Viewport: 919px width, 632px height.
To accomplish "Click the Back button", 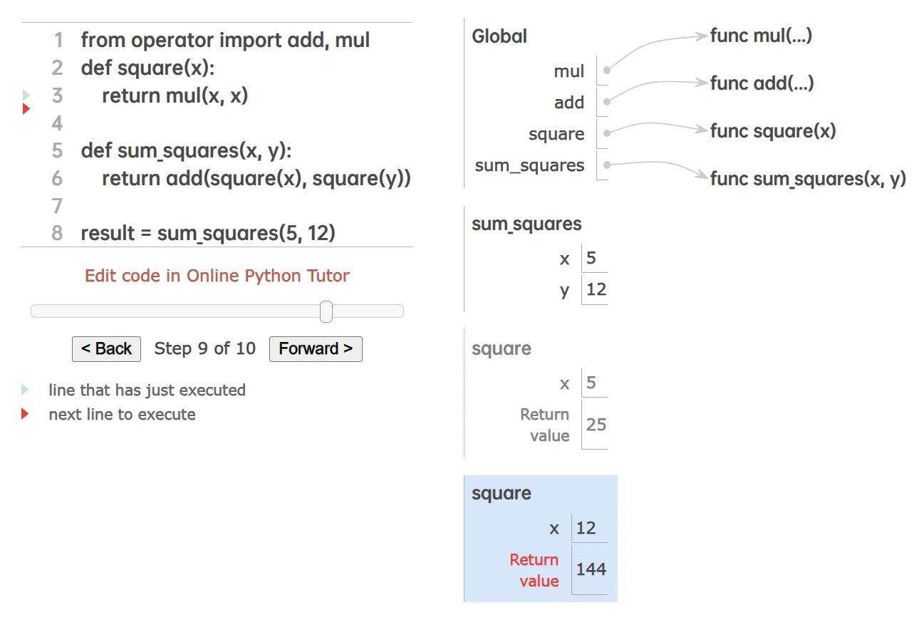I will [x=106, y=348].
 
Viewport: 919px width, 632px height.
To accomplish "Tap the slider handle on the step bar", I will [x=326, y=311].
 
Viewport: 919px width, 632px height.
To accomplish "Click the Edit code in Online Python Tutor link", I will [x=217, y=276].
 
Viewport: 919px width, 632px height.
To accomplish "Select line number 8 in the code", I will [x=57, y=233].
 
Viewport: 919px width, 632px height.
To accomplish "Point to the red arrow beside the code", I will [x=26, y=109].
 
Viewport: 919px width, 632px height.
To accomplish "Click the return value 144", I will [x=591, y=569].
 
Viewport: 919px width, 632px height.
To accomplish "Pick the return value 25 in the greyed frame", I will [x=596, y=425].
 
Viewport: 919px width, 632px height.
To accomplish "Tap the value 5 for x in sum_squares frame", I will [x=591, y=258].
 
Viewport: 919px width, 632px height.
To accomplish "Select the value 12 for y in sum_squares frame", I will [x=596, y=289].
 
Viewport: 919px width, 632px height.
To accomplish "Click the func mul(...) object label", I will [x=761, y=36].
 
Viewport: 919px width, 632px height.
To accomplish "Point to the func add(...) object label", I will [x=762, y=83].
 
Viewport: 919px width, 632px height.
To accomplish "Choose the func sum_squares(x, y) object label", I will [x=808, y=179].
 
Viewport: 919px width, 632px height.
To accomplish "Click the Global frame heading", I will [x=499, y=36].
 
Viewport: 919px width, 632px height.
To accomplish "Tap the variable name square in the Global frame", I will [x=556, y=134].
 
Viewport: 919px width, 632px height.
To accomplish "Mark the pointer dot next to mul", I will [x=606, y=71].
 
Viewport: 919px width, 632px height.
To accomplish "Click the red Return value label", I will [x=534, y=570].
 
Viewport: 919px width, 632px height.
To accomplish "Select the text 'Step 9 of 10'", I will [x=204, y=348].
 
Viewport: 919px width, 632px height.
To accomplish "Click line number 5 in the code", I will [x=57, y=150].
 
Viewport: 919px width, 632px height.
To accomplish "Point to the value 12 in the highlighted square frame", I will [x=586, y=528].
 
